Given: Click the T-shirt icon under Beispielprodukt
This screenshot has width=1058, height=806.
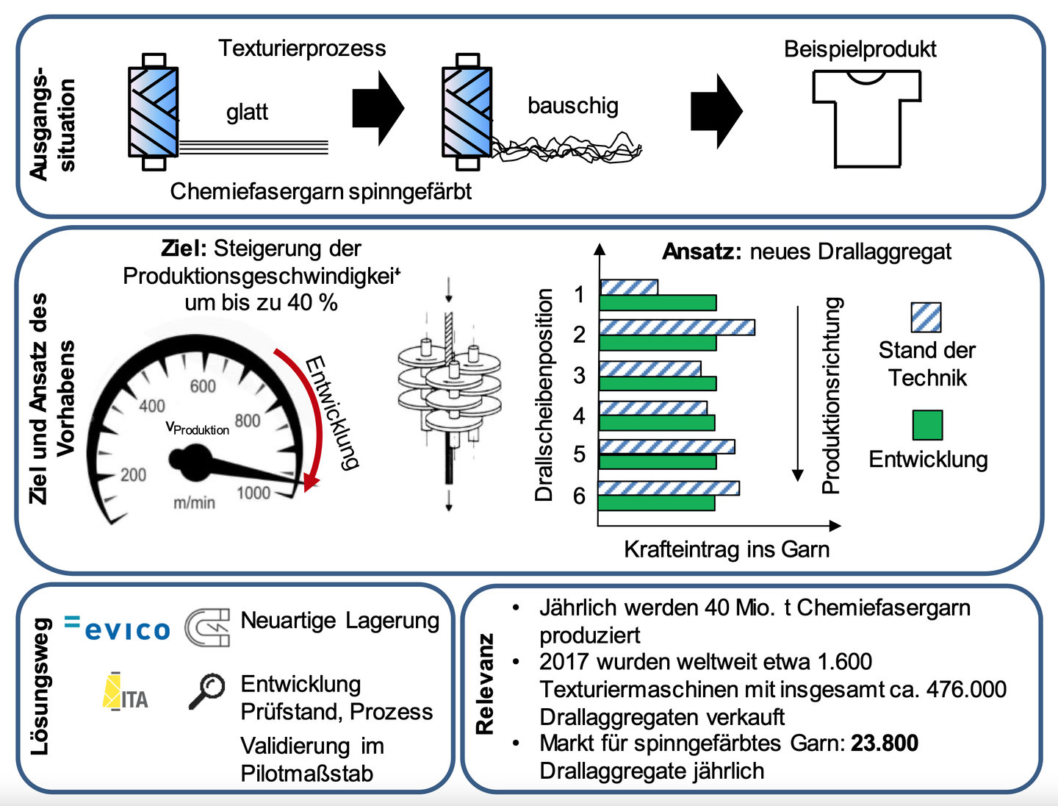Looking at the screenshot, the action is (x=867, y=119).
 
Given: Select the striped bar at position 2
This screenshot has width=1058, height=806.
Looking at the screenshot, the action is (x=677, y=327).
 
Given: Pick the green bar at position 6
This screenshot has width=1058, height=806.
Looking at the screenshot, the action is (x=657, y=503).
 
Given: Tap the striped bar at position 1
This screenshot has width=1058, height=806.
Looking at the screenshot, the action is (x=629, y=288).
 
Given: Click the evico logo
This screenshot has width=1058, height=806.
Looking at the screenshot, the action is (x=117, y=627).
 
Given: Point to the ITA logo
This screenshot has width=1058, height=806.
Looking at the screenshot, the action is (x=126, y=692).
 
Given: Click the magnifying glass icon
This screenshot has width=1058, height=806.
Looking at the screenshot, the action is (x=206, y=691).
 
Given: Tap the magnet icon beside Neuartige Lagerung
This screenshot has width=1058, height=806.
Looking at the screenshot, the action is (x=207, y=627).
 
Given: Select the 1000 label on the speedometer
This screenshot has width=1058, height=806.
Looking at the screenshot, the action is (x=253, y=493).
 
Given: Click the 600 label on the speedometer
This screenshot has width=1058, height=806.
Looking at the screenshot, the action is (x=203, y=386).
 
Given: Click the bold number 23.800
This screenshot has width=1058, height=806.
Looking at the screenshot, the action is (x=885, y=743).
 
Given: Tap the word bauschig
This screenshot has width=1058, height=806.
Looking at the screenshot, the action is (x=572, y=106).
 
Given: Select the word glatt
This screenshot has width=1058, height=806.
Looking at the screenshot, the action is (x=247, y=113).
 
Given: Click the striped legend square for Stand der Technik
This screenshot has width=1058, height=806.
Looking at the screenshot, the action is (x=926, y=318).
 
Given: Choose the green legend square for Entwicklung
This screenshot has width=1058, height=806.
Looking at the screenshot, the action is (x=927, y=425).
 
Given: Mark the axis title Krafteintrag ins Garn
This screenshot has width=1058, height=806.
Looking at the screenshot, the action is (x=727, y=549).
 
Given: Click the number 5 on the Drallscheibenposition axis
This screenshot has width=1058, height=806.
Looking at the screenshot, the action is (x=580, y=454).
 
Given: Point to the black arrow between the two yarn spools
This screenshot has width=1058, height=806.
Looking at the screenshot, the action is (x=378, y=108).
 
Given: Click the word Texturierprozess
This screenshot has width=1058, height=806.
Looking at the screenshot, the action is (x=302, y=49).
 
